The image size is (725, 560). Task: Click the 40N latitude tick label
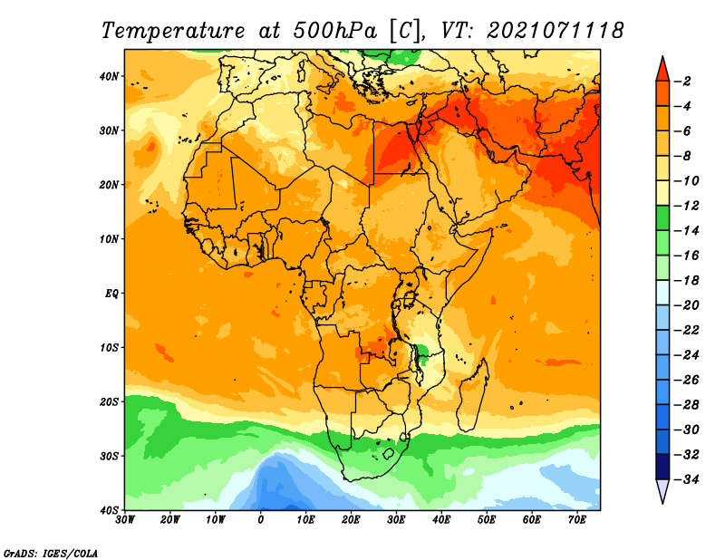[x=109, y=76]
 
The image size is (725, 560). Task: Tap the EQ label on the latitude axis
[x=111, y=294]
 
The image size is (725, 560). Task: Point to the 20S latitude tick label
[x=109, y=401]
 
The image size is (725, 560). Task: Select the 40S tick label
[x=109, y=510]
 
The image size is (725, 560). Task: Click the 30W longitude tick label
[x=125, y=520]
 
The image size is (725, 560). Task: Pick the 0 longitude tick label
[x=261, y=520]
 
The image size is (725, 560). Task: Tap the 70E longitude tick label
[x=577, y=520]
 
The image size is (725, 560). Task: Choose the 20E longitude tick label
[x=351, y=520]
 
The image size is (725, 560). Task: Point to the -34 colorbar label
[x=686, y=479]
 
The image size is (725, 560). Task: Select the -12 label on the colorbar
[x=686, y=206]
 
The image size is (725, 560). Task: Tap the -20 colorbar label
[x=686, y=305]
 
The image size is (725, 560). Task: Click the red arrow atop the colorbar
[x=662, y=71]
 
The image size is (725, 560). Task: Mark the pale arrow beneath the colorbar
[x=662, y=490]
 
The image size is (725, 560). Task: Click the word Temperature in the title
[x=173, y=31]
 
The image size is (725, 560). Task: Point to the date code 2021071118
[x=556, y=31]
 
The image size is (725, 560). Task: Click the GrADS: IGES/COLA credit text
[x=51, y=553]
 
